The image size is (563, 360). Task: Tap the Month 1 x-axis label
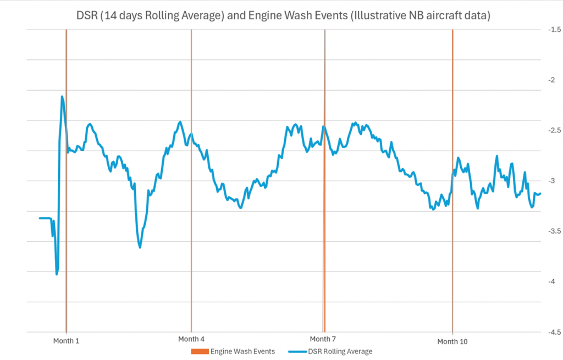tap(66, 341)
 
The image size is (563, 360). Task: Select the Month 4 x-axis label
tap(192, 339)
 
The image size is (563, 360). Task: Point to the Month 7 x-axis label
tap(324, 339)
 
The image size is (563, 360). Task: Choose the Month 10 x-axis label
tap(452, 341)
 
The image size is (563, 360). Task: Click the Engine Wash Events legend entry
tap(242, 351)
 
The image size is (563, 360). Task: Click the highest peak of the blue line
tap(62, 97)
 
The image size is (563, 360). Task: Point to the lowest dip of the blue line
tap(57, 274)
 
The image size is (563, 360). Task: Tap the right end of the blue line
tap(540, 193)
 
